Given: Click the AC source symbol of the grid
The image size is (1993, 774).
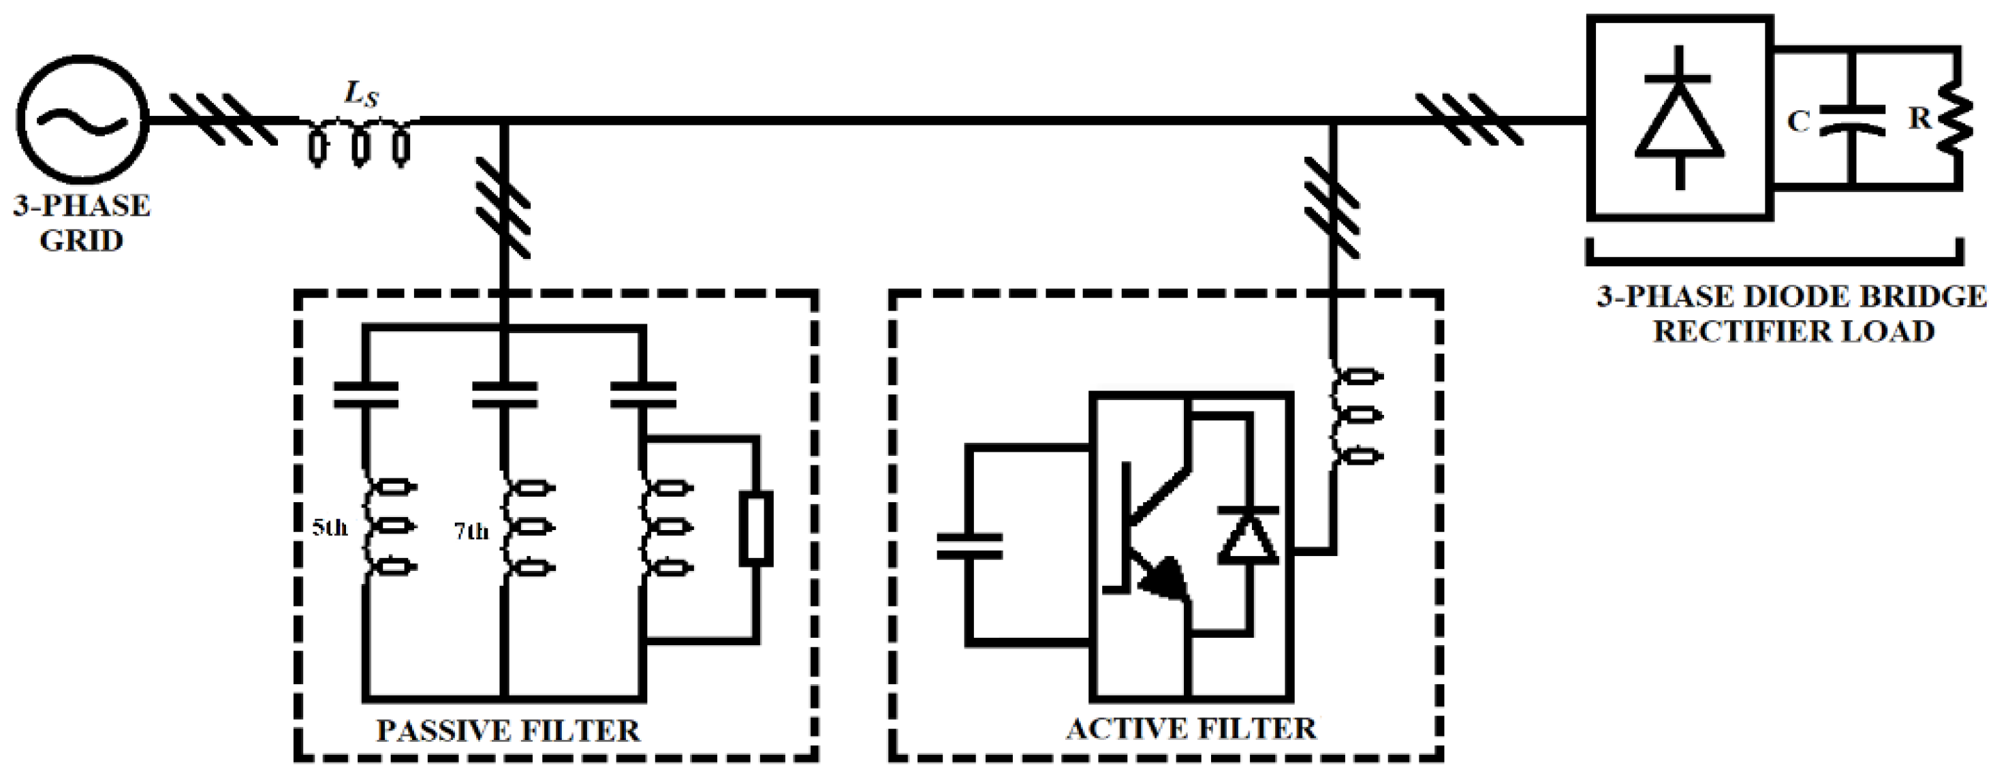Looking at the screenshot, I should tap(82, 121).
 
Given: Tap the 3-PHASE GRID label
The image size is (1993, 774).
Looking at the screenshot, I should tap(81, 223).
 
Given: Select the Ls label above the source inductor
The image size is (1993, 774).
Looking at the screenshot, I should tap(361, 95).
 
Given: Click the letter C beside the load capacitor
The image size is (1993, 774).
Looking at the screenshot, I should tap(1798, 121).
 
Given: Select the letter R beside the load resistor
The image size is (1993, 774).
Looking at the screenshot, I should tap(1919, 119).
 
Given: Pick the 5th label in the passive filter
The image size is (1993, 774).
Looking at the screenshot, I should tap(330, 528).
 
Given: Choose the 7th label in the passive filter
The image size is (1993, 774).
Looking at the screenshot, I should tap(471, 531).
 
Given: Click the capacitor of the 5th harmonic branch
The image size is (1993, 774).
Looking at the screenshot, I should tap(366, 394).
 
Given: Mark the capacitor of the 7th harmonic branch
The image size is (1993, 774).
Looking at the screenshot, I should tap(505, 394).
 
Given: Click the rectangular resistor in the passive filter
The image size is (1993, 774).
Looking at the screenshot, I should tap(756, 531).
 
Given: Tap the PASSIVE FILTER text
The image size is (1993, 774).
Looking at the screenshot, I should tap(508, 730).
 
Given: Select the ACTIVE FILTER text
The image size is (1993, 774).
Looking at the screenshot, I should tap(1191, 729).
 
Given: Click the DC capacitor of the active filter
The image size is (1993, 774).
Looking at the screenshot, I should tap(969, 546).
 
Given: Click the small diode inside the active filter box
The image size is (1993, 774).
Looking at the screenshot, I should tap(1248, 534).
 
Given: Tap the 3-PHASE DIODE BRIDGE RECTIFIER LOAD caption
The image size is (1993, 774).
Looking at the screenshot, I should tap(1792, 314).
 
